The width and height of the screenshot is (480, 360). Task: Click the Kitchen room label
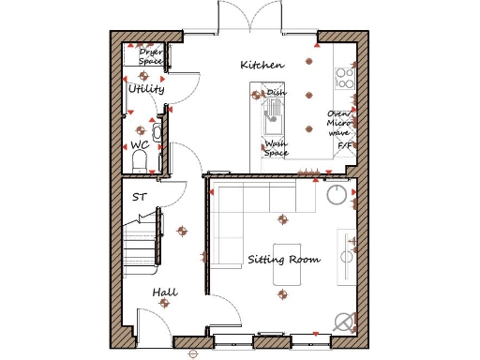point(262,65)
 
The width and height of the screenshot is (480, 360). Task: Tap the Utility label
point(146,89)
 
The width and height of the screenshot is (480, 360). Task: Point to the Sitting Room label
point(283,259)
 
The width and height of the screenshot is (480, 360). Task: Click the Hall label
point(166,293)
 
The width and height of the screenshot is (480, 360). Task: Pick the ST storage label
point(139,197)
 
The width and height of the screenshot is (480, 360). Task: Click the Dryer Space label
point(150,57)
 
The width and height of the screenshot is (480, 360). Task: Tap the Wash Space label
point(276,148)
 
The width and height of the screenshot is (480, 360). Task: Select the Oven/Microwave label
point(338,123)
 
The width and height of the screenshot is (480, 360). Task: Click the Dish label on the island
point(277,93)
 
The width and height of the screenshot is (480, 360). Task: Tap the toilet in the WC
point(141,163)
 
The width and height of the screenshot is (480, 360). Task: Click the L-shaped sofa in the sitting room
point(234,211)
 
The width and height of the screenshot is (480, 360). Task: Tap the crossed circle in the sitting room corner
point(345,321)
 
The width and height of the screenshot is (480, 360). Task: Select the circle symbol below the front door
point(193,353)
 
